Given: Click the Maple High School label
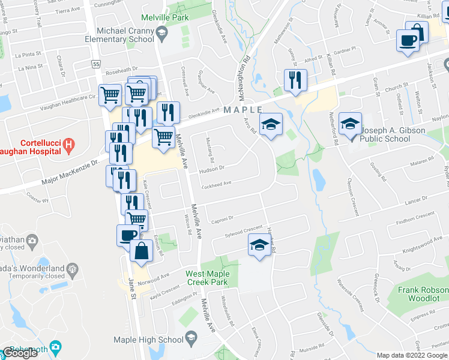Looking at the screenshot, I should pyautogui.click(x=148, y=340).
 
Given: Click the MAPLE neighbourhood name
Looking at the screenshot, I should pyautogui.click(x=243, y=110).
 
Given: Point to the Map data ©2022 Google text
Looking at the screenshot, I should pyautogui.click(x=412, y=355).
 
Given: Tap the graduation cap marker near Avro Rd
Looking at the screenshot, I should pyautogui.click(x=271, y=124).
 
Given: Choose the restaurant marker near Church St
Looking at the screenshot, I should pyautogui.click(x=295, y=80).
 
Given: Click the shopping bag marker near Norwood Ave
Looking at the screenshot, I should pyautogui.click(x=141, y=251).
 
